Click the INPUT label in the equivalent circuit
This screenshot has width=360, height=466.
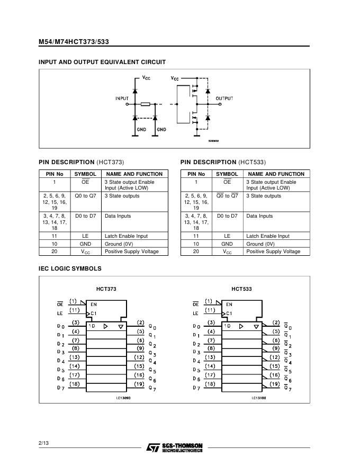(x=122, y=98)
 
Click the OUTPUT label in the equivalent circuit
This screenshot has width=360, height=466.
(x=224, y=98)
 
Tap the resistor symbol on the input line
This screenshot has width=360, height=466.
(x=146, y=104)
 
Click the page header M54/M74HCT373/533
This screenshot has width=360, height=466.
(x=74, y=42)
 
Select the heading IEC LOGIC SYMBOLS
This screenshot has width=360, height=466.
(x=70, y=268)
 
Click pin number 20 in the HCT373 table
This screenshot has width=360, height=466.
(x=54, y=252)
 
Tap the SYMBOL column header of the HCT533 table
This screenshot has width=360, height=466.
(x=227, y=174)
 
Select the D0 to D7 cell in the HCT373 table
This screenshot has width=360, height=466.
(x=85, y=216)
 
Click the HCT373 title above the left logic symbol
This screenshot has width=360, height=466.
(x=106, y=289)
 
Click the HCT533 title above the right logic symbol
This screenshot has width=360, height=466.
(x=241, y=289)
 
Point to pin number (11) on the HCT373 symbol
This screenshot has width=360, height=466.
(x=75, y=310)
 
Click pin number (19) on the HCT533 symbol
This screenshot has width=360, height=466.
(x=274, y=383)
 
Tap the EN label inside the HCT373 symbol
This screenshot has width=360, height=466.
(x=94, y=304)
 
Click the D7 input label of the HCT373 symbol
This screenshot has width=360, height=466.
(x=60, y=388)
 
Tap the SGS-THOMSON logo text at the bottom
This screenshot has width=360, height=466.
(x=183, y=447)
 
